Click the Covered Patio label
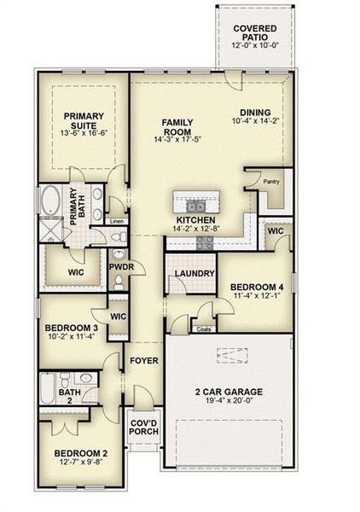[260, 33]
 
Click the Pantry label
[271, 181]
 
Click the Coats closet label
[204, 329]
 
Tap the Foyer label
[143, 361]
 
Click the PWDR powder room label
[119, 268]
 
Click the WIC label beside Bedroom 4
[275, 230]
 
